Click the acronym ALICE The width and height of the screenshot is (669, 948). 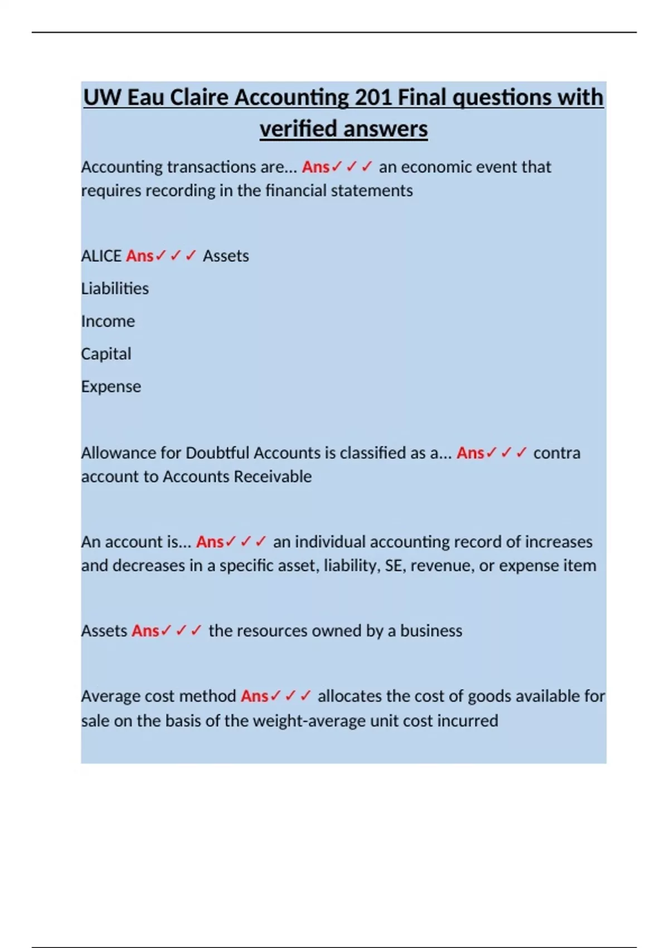pos(101,256)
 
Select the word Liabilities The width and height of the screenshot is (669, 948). pos(115,289)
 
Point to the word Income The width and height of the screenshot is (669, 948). pos(108,321)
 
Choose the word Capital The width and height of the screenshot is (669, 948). pos(106,354)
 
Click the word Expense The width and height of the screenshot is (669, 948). pos(111,386)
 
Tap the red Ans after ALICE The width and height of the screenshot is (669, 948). pos(139,256)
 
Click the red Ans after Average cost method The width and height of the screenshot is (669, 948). pos(254,697)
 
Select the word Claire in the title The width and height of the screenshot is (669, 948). pos(199,98)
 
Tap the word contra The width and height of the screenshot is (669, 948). pos(556,453)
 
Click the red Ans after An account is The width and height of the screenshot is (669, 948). pos(210,542)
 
